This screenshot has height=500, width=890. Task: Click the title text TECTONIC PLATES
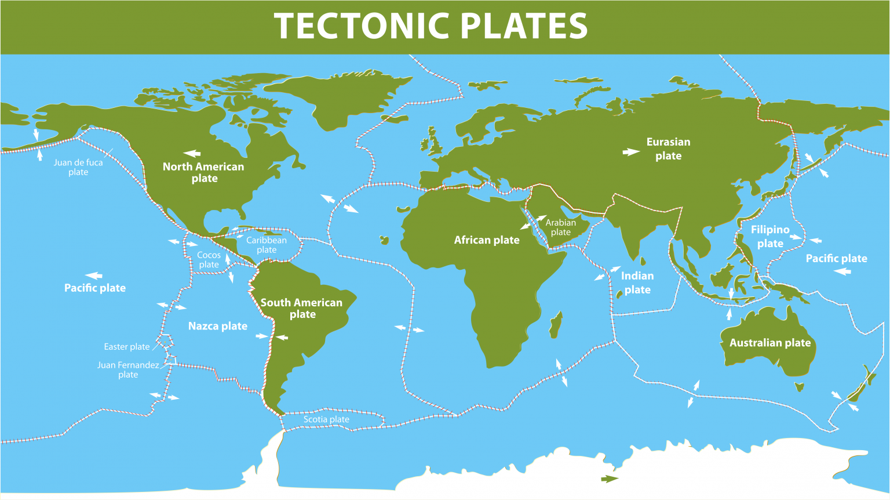tap(431, 26)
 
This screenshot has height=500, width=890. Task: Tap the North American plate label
tap(203, 172)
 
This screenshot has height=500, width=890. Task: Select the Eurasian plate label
tap(668, 148)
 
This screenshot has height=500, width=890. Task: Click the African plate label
tap(487, 240)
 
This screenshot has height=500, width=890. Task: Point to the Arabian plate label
tap(560, 227)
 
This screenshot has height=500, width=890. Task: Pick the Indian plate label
tap(637, 282)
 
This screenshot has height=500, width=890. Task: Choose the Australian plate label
tap(769, 343)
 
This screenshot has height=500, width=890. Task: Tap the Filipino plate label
tap(770, 236)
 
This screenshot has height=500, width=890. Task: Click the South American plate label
tap(301, 308)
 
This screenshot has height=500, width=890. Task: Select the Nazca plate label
tap(218, 326)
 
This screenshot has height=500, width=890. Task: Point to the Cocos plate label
tap(209, 260)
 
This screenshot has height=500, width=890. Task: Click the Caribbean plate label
tap(267, 245)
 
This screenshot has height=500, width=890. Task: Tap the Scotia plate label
tap(326, 419)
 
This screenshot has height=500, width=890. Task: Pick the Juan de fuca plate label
tap(78, 167)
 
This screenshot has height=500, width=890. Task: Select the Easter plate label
tap(127, 347)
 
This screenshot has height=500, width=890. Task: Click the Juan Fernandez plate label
tap(128, 369)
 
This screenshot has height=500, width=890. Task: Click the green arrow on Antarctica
tap(610, 479)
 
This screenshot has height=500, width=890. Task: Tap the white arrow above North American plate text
tap(192, 154)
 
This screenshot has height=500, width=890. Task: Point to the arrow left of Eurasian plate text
tap(631, 152)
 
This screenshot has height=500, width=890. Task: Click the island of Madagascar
tap(555, 325)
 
